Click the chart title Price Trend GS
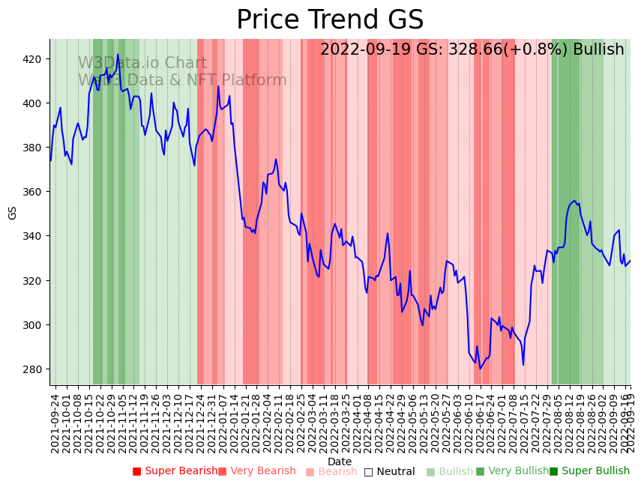coord(330,20)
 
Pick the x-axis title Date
coord(340,462)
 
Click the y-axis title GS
coord(12,213)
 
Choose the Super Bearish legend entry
coord(175,471)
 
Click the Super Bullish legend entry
coord(589,471)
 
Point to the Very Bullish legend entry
coord(512,471)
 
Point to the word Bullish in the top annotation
coord(598,49)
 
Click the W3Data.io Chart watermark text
coord(142,64)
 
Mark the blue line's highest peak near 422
coord(118,54)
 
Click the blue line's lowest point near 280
coord(481,369)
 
